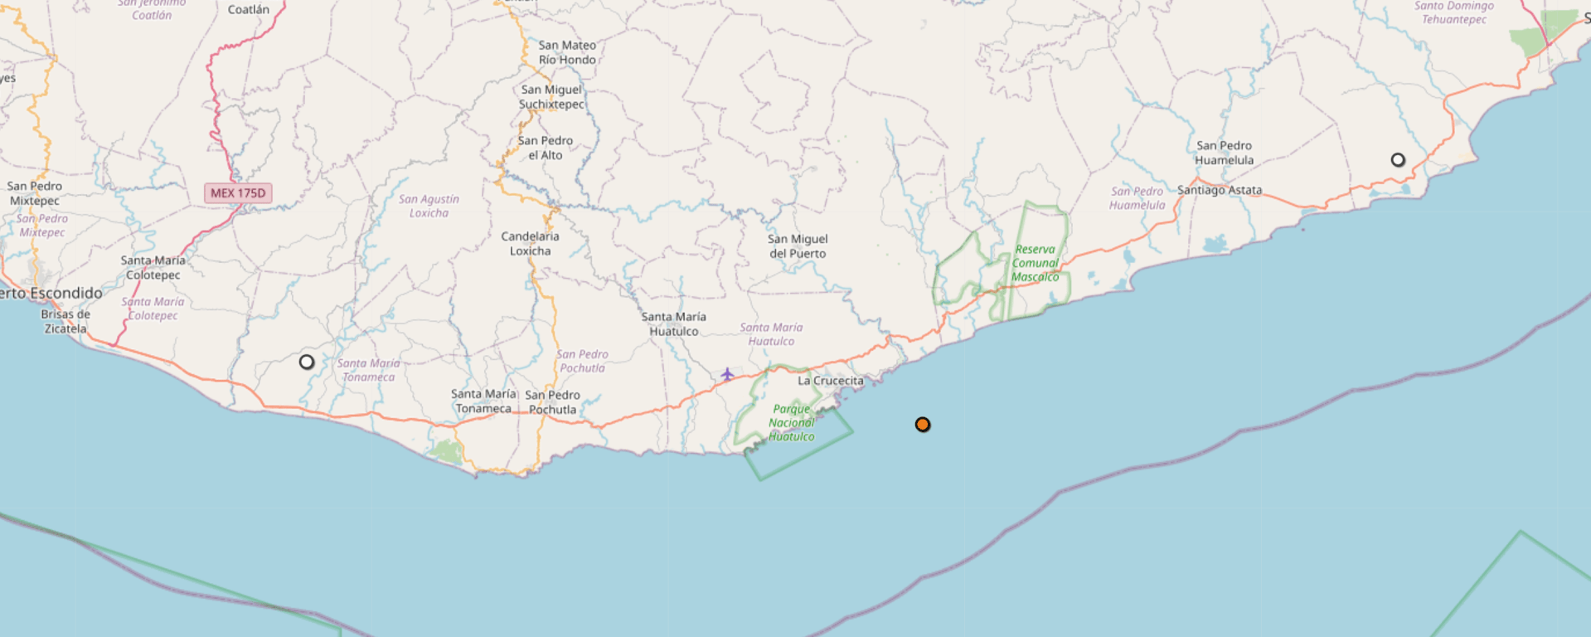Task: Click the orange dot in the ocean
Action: (922, 425)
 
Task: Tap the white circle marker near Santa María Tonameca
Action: (307, 362)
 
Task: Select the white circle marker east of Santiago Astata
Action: (1398, 160)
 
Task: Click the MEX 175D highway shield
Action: (238, 193)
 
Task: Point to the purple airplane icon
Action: (727, 375)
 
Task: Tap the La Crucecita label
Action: (830, 381)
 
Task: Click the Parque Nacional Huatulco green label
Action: (791, 423)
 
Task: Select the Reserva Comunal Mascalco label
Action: (1035, 263)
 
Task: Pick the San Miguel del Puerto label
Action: (798, 246)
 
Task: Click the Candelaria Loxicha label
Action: (530, 244)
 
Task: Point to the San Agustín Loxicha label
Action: (429, 206)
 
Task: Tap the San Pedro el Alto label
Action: (545, 148)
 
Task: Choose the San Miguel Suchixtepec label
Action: (551, 97)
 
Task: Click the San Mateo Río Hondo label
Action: (567, 52)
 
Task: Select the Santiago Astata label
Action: (1220, 190)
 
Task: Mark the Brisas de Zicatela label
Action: (65, 321)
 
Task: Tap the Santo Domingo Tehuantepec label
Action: (1453, 12)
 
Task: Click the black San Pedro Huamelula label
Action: (1224, 153)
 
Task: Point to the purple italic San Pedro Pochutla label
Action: (582, 361)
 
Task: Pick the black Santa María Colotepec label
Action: (153, 267)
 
